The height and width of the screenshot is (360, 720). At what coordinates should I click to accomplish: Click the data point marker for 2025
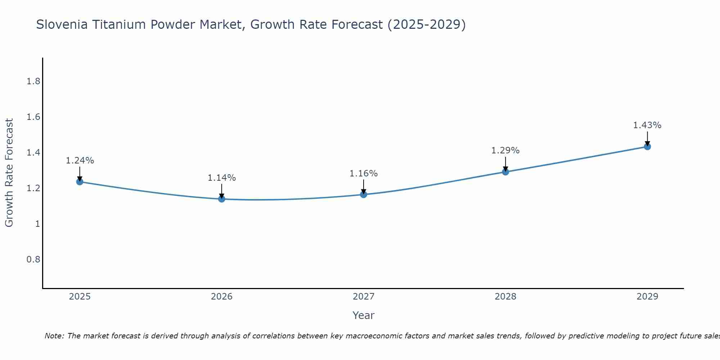(80, 181)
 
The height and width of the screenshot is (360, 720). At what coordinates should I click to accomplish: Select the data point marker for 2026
(222, 199)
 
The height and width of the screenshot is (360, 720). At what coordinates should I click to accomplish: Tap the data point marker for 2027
(364, 194)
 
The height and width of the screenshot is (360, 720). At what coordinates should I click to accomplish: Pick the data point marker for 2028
(505, 172)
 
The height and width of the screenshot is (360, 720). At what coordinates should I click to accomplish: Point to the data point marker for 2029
(647, 147)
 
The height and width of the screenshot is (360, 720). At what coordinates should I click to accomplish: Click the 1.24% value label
(80, 161)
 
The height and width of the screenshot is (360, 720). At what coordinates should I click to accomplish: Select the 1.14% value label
(222, 178)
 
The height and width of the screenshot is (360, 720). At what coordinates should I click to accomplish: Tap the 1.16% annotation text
(364, 174)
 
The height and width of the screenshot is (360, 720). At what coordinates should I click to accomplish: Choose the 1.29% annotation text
(505, 150)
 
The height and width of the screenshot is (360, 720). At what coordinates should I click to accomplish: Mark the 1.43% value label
(647, 125)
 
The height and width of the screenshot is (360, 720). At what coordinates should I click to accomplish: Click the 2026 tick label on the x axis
(222, 297)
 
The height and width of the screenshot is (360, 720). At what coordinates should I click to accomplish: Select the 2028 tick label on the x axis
(505, 297)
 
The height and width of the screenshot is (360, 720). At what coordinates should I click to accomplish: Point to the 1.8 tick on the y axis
(33, 81)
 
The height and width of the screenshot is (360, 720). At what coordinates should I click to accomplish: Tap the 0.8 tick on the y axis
(33, 260)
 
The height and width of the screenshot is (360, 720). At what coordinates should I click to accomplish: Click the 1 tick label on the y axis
(37, 224)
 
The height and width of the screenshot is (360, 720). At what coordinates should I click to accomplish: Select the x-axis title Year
(364, 315)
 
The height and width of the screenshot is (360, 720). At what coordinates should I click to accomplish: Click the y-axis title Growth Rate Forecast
(9, 173)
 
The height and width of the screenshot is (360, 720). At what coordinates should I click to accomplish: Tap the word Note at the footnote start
(54, 336)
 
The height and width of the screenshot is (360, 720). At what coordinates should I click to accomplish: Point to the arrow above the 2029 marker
(647, 139)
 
